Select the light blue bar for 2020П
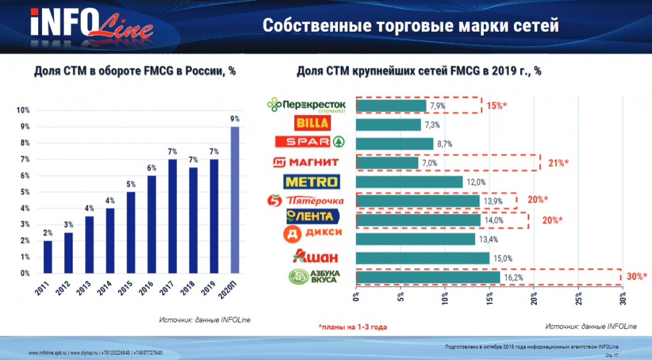235,199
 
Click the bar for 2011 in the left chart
48,256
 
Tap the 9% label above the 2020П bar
235,119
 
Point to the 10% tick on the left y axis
23,110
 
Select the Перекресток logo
307,105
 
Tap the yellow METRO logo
311,182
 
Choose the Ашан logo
310,257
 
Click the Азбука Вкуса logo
311,277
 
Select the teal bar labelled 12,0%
409,182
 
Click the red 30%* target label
637,277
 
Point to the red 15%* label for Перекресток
497,105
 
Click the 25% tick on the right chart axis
579,298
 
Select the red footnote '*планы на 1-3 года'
353,327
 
